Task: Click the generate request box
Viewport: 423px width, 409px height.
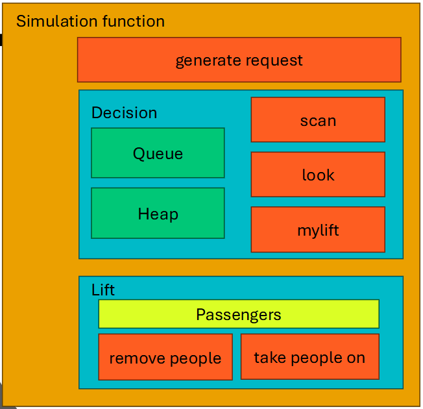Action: [x=239, y=60]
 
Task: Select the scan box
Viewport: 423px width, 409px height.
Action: [x=318, y=120]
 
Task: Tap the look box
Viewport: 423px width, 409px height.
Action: [x=318, y=175]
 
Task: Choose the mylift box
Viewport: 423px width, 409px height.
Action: [x=318, y=230]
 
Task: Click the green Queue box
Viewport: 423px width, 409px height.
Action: [x=158, y=153]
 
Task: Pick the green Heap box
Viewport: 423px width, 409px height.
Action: [x=158, y=214]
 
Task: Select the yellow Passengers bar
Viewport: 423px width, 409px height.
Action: [x=238, y=314]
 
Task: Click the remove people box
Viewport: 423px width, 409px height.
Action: [x=165, y=358]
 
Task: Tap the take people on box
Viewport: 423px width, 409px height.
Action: [x=309, y=357]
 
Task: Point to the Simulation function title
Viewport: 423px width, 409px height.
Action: [x=90, y=21]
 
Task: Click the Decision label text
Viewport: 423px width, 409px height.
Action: [x=124, y=112]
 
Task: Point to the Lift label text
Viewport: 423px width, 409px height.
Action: [x=103, y=290]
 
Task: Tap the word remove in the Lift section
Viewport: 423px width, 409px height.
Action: [x=133, y=358]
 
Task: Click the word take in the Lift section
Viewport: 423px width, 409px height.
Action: [x=267, y=357]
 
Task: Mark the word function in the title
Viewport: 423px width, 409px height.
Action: [x=133, y=21]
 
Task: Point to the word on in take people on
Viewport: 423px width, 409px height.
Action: [x=357, y=358]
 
